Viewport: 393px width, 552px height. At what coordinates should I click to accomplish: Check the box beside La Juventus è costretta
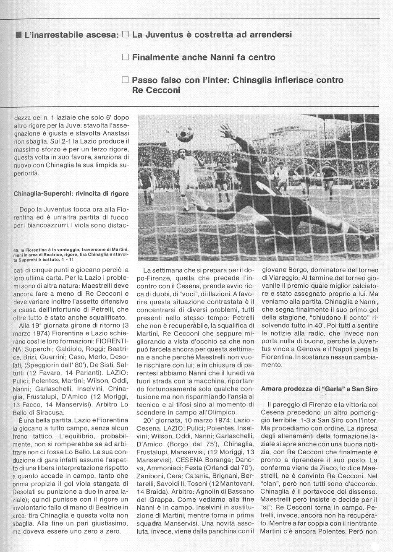(x=125, y=35)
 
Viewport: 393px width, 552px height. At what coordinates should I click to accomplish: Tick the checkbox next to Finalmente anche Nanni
(x=125, y=57)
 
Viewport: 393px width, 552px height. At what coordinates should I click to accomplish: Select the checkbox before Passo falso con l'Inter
(x=125, y=79)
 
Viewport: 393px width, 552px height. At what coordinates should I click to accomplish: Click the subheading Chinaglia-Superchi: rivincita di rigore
(x=71, y=193)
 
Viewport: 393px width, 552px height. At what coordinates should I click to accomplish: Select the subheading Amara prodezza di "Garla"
(x=320, y=389)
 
